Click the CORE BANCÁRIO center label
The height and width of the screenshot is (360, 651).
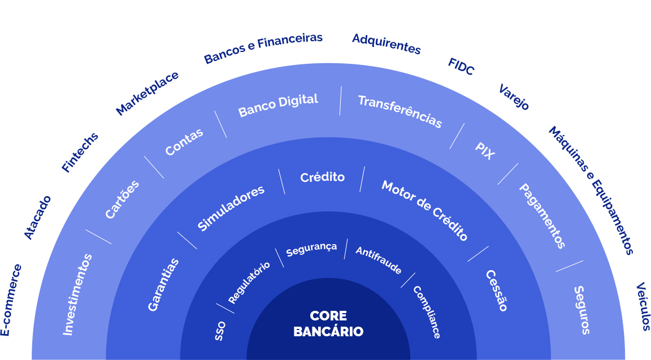(x=328, y=323)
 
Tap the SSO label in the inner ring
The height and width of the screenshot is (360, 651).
(x=220, y=331)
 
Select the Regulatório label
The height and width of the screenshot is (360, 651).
(x=249, y=283)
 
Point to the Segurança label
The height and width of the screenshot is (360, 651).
(x=311, y=248)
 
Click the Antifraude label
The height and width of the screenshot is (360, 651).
(x=379, y=261)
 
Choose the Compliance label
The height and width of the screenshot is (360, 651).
(x=427, y=312)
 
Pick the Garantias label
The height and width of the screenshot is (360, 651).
(x=163, y=284)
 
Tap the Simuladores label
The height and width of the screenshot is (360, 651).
(x=231, y=207)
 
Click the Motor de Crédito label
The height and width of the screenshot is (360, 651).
(x=425, y=211)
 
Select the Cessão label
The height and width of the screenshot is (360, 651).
(x=497, y=290)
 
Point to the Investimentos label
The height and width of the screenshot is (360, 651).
(x=77, y=294)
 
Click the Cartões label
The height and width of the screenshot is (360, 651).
(x=122, y=199)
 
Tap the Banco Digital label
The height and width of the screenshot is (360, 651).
(x=278, y=105)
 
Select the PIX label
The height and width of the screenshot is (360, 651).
(x=485, y=151)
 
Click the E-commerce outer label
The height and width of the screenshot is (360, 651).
(x=11, y=300)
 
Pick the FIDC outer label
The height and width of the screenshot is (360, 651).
(x=461, y=67)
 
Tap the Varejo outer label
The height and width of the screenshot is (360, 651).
(x=514, y=97)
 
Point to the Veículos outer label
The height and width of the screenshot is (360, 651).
(x=643, y=306)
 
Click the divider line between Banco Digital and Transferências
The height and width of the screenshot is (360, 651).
(x=340, y=101)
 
